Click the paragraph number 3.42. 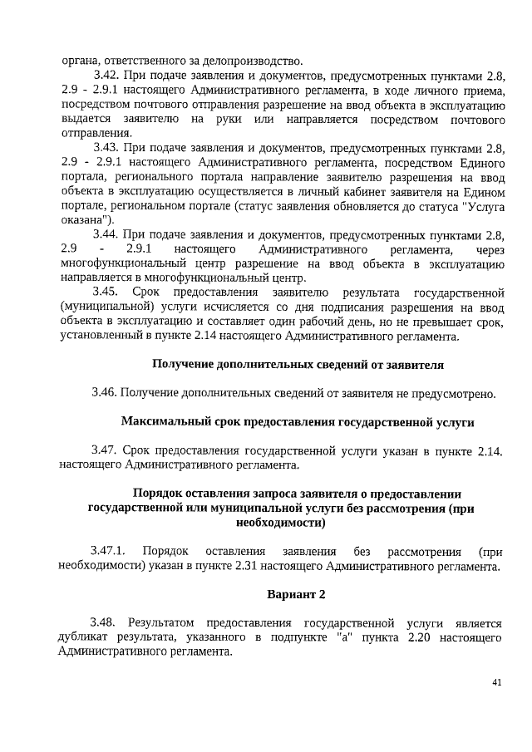[x=108, y=76]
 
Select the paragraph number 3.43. [x=108, y=149]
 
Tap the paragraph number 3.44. [x=108, y=235]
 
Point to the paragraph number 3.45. [x=108, y=292]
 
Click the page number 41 [x=497, y=682]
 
